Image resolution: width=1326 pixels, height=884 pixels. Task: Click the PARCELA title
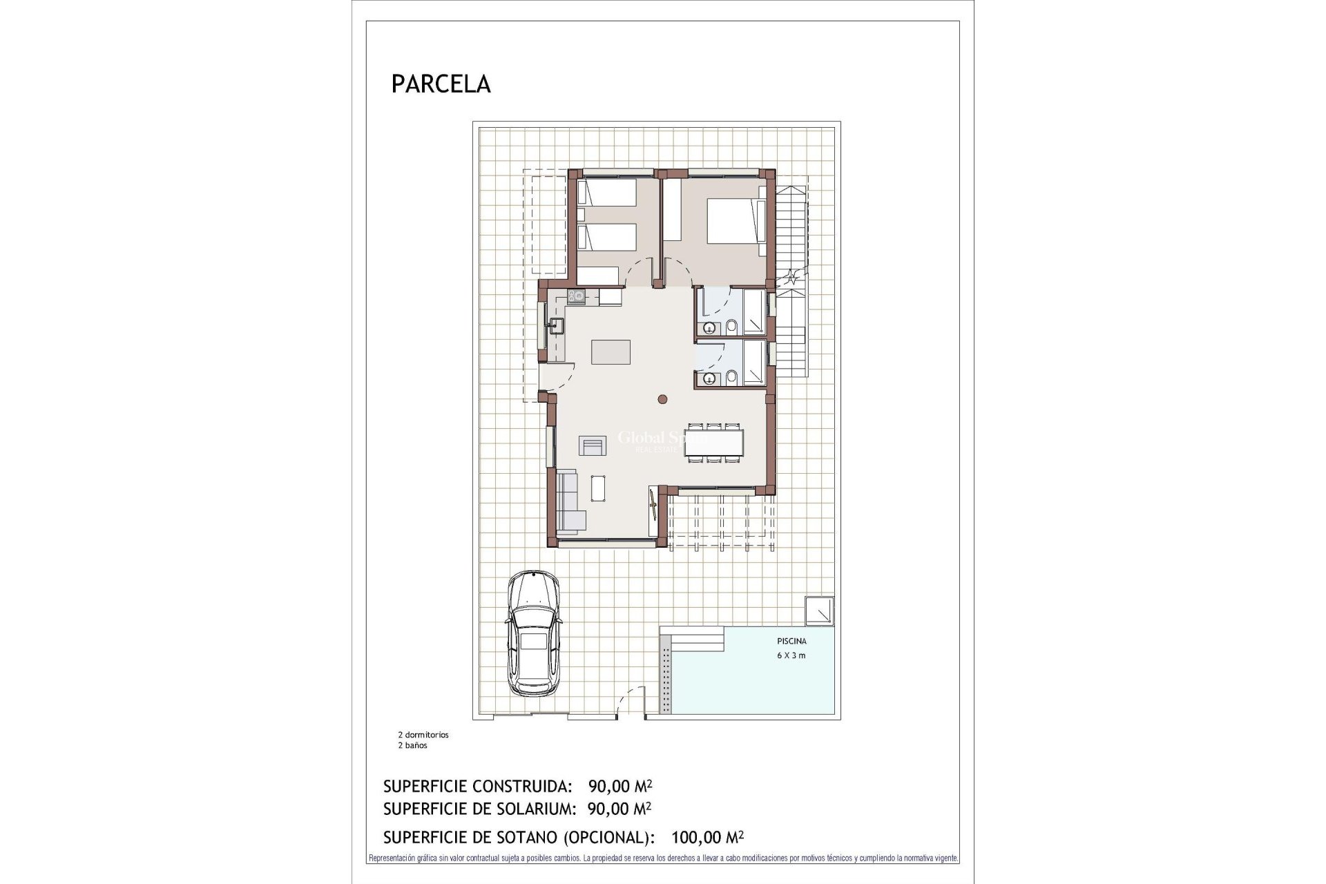pos(441,84)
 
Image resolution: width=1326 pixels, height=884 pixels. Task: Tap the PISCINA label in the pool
pos(791,641)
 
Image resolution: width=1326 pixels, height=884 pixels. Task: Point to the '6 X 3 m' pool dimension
pos(791,655)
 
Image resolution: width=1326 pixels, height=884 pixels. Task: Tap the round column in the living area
pos(662,398)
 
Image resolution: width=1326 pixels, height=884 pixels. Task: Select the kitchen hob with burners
pos(576,297)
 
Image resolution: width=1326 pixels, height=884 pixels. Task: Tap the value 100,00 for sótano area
pos(694,838)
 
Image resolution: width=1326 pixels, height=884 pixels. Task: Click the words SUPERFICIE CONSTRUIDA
pos(477,786)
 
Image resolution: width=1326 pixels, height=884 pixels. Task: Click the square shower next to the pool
pos(822,611)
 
